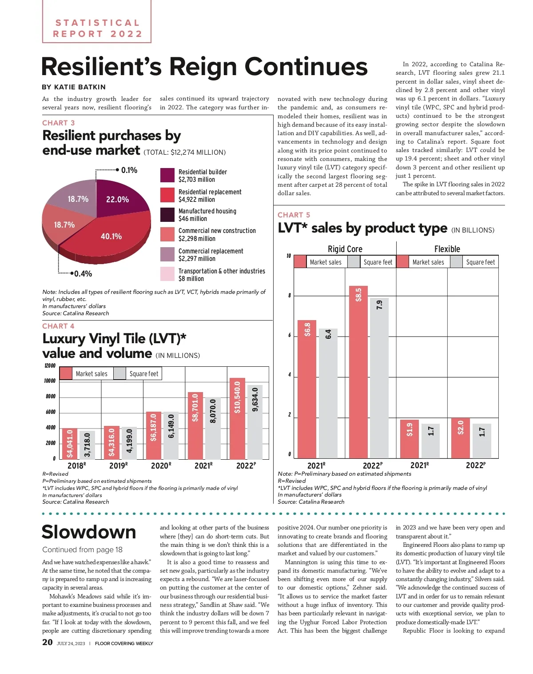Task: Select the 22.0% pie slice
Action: tap(118, 199)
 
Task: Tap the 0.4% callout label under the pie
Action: tap(83, 273)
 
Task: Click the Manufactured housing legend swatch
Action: tap(167, 215)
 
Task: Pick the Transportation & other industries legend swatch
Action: tap(167, 274)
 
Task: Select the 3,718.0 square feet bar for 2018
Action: tap(88, 445)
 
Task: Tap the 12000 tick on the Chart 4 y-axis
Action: tap(50, 366)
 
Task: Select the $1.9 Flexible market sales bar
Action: tap(410, 439)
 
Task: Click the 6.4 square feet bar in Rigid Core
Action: tap(328, 393)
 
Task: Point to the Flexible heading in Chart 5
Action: tap(447, 249)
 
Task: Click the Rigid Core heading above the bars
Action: tap(345, 249)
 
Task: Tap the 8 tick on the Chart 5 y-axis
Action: tap(290, 296)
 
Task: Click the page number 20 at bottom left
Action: tap(47, 642)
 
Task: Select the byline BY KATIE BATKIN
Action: tap(74, 87)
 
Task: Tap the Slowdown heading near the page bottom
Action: tap(89, 532)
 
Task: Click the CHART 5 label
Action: tap(294, 215)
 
